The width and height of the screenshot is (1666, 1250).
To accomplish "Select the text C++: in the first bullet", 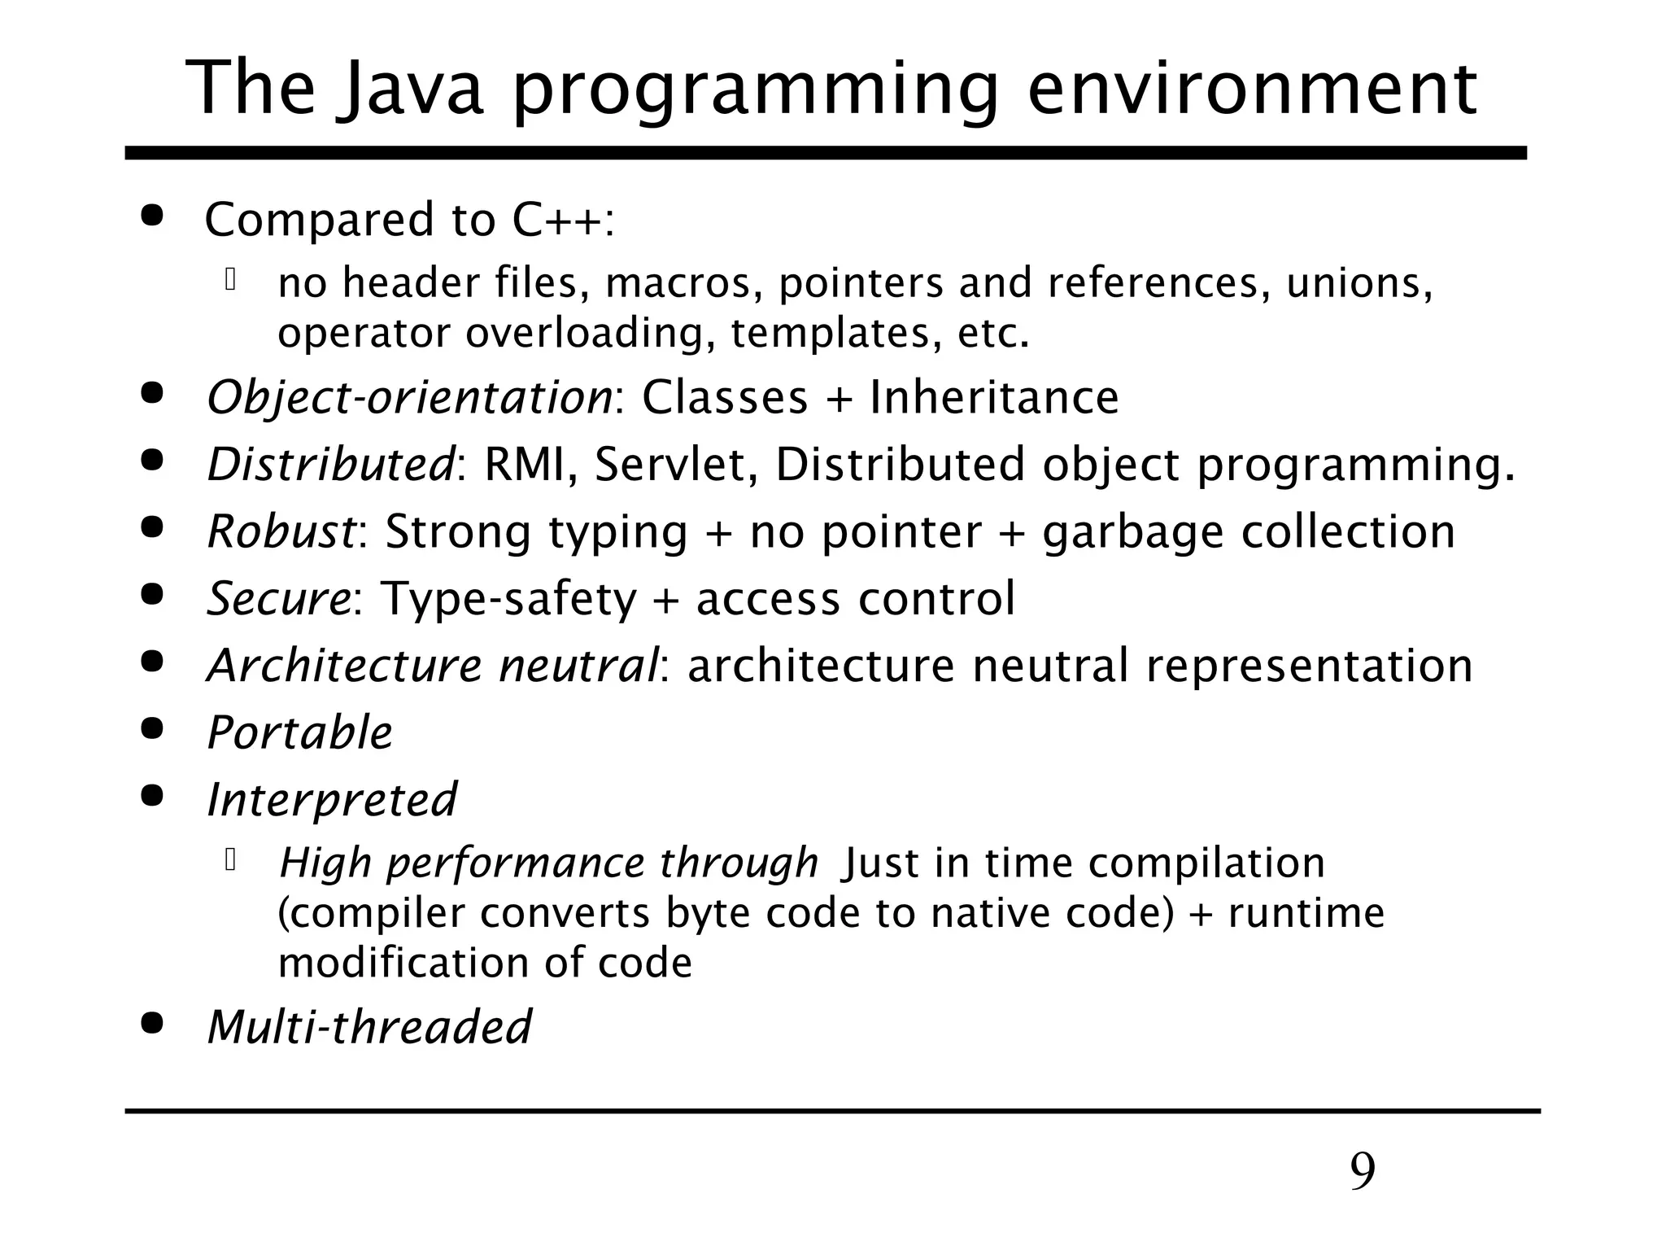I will [563, 220].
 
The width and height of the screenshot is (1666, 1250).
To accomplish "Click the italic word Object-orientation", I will [409, 398].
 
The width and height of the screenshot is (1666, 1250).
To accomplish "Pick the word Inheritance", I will [994, 398].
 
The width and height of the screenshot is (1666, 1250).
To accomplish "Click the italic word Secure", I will [278, 599].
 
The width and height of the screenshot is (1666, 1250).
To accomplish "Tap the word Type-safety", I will [508, 600].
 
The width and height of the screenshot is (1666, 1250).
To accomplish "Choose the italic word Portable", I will [299, 732].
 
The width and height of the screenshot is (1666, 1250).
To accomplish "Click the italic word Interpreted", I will [332, 800].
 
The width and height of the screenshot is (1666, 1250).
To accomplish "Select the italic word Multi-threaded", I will [369, 1027].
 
